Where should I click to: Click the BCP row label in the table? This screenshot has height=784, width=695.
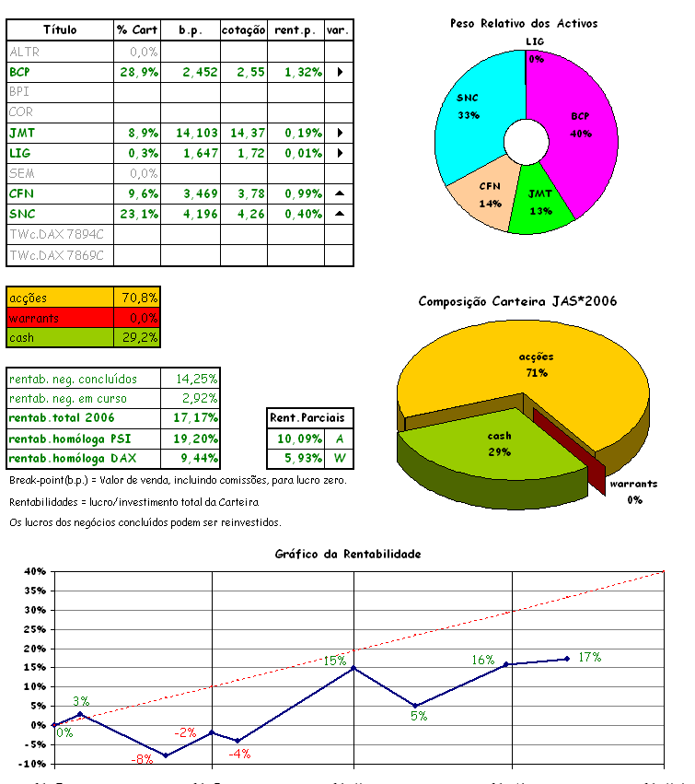tap(19, 71)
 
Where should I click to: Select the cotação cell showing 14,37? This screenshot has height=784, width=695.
tap(244, 133)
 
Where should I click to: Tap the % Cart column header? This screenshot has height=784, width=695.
tap(137, 30)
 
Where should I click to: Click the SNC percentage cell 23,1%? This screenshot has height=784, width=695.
tap(137, 214)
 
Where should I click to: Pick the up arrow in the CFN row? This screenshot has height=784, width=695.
tap(340, 193)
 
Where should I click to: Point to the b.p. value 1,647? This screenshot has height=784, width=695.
tap(191, 153)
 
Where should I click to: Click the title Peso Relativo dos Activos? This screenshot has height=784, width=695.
tap(523, 23)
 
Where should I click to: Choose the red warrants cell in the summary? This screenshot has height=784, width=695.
tap(60, 318)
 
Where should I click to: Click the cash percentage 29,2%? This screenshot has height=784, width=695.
tap(139, 338)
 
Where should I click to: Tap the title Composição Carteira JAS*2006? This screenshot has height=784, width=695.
tap(517, 301)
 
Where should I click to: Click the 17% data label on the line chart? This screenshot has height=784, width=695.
tap(590, 657)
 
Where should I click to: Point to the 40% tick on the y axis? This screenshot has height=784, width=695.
tap(33, 571)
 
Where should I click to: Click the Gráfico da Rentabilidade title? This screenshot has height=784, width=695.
tap(348, 554)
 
